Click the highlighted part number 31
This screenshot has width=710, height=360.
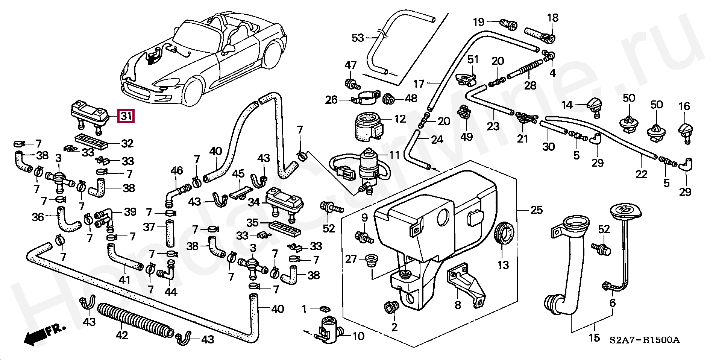tap(126, 115)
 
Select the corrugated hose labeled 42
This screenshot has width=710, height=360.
tap(135, 320)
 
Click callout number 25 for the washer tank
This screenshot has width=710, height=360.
tap(537, 210)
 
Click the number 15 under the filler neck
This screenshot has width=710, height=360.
tap(595, 338)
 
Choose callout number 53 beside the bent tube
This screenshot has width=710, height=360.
tap(358, 38)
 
